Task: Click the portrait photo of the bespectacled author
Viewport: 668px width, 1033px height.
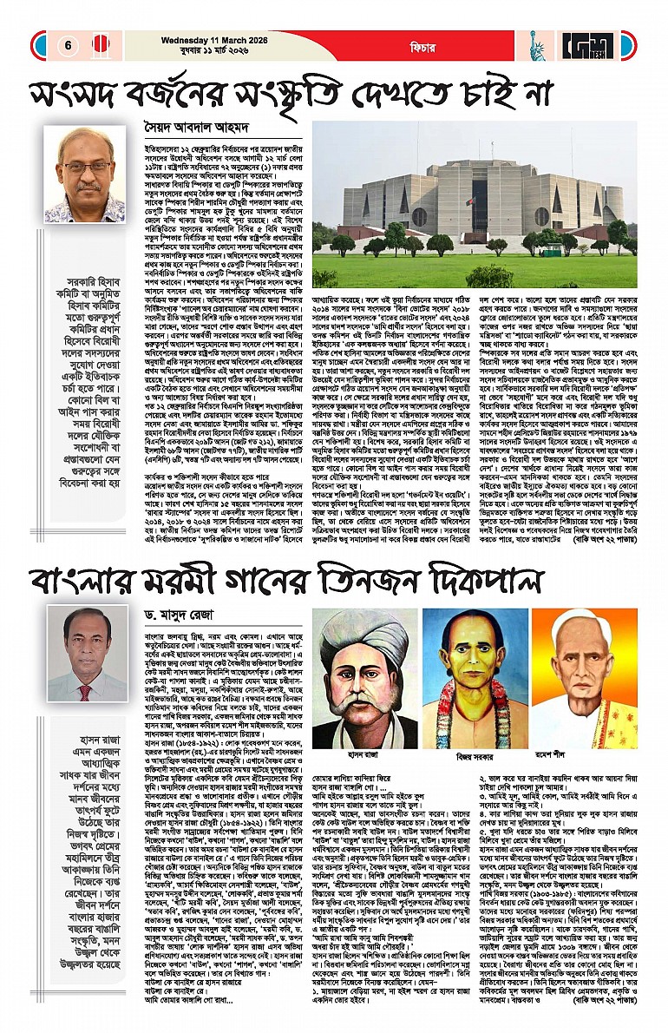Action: pos(84,174)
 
